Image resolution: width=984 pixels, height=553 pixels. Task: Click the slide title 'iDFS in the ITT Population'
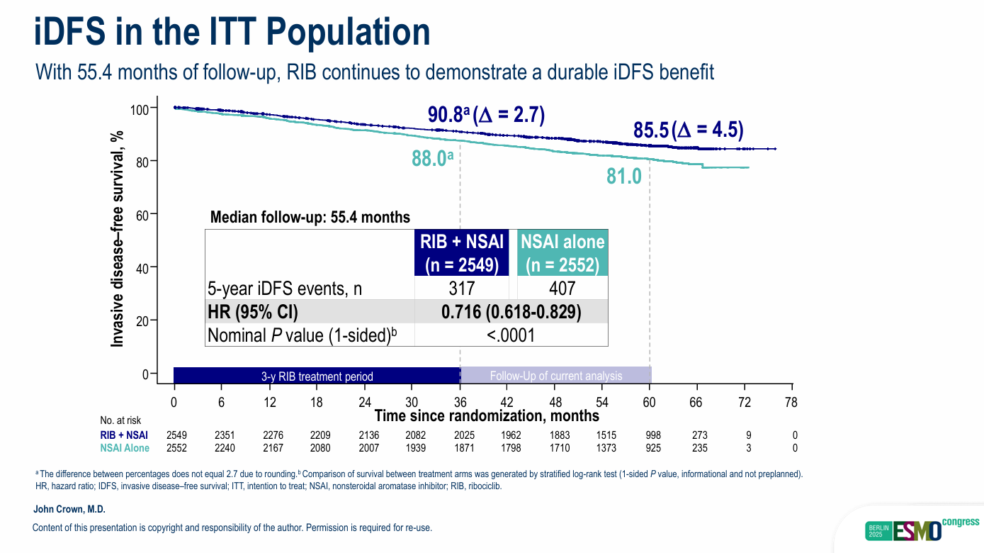(x=232, y=32)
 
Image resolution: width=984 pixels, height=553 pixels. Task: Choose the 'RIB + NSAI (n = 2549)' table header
(x=462, y=253)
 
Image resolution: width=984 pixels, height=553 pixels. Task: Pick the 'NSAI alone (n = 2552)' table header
(x=562, y=253)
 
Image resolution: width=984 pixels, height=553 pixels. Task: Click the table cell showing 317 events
(x=461, y=289)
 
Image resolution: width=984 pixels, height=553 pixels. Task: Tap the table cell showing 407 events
(x=562, y=289)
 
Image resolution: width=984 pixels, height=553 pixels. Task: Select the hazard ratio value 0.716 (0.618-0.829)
(x=511, y=312)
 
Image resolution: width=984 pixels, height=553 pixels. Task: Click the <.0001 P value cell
(x=511, y=335)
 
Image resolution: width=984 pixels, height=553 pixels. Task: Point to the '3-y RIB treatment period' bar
(x=317, y=376)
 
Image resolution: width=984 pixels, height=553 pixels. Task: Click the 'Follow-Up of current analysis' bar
(x=556, y=376)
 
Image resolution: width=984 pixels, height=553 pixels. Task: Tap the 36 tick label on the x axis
(x=460, y=402)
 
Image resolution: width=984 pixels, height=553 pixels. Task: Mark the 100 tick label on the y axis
(x=140, y=109)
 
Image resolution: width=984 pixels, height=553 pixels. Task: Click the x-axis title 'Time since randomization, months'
(x=487, y=415)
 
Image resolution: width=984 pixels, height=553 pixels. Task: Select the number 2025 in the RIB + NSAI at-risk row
(x=460, y=435)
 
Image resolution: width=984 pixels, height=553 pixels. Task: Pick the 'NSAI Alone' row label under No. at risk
(x=125, y=448)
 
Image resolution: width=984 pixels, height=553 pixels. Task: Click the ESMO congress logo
(x=922, y=528)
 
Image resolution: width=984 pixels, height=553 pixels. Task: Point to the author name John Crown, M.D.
(x=69, y=510)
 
